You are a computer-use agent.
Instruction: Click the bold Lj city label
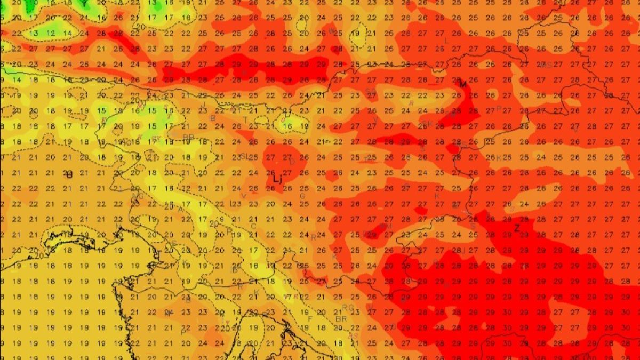tap(277, 179)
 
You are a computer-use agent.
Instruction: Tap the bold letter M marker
tap(462, 84)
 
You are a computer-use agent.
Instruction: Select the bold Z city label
tap(516, 228)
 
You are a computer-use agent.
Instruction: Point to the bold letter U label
tap(69, 174)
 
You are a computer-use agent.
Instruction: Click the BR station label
tap(341, 318)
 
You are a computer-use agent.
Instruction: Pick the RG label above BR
tap(348, 307)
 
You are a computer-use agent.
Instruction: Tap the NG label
tap(137, 196)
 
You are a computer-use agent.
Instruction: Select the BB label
tap(188, 137)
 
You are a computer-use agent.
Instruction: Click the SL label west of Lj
tap(244, 156)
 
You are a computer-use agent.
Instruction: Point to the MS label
tap(547, 65)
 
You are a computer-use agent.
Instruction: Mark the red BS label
tap(353, 335)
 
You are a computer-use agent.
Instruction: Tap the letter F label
tap(310, 319)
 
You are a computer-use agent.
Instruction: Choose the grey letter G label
tap(302, 196)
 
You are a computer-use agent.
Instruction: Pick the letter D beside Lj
tap(292, 162)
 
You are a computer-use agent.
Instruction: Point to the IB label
tap(234, 270)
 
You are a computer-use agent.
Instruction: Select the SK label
tap(156, 139)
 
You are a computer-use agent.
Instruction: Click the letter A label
tap(180, 209)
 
